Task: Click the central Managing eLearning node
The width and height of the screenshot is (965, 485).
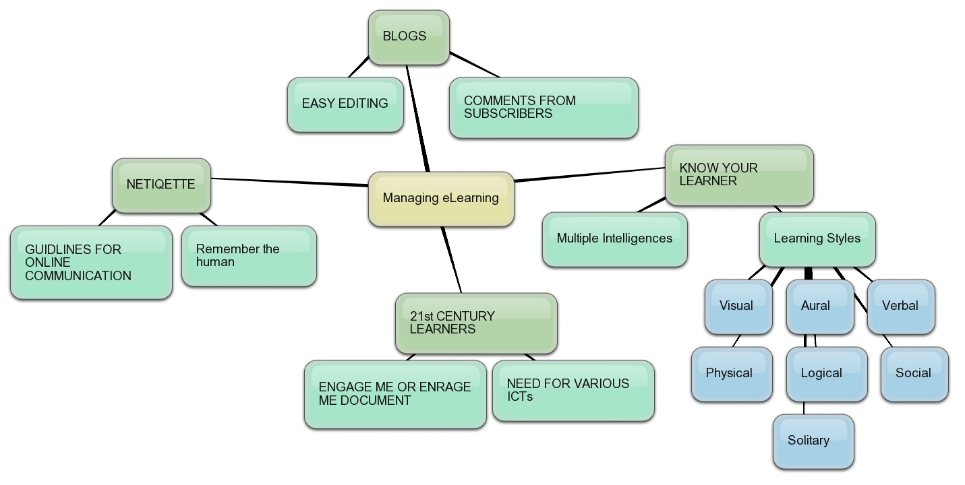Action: [441, 198]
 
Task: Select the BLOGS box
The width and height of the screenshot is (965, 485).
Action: [409, 37]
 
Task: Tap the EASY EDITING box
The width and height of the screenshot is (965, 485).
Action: [345, 104]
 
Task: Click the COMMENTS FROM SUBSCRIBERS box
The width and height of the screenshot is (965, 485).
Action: [544, 108]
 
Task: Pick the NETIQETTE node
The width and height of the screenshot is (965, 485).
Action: [161, 185]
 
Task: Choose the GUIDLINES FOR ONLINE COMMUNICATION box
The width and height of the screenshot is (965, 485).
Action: [91, 262]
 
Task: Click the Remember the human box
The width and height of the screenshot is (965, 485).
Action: [249, 256]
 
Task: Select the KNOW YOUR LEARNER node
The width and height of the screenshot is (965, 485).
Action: [739, 175]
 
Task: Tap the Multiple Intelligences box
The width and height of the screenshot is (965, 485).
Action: [614, 239]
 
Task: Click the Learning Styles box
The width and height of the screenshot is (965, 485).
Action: [817, 239]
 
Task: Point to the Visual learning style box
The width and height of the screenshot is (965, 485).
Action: [738, 306]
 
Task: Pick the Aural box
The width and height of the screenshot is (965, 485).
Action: [819, 306]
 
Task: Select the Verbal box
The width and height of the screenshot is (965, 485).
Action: [900, 306]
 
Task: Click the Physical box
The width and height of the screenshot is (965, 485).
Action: [731, 374]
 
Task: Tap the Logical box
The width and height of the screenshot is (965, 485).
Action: [826, 374]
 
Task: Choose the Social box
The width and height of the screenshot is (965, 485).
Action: [914, 374]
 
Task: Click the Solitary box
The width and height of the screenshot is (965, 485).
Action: [813, 441]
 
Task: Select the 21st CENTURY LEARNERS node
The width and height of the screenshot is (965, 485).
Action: [476, 323]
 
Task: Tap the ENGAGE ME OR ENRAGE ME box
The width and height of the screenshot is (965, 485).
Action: [395, 394]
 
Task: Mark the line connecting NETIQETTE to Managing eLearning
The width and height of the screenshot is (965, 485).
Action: [290, 182]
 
